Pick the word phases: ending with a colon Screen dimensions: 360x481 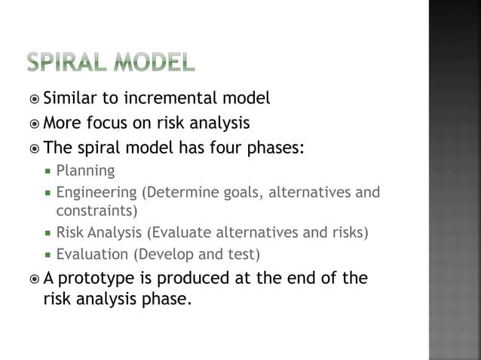pos(276,147)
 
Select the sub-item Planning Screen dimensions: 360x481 pos(86,171)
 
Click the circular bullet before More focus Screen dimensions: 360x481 pos(35,123)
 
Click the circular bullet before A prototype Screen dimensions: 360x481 pos(35,279)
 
